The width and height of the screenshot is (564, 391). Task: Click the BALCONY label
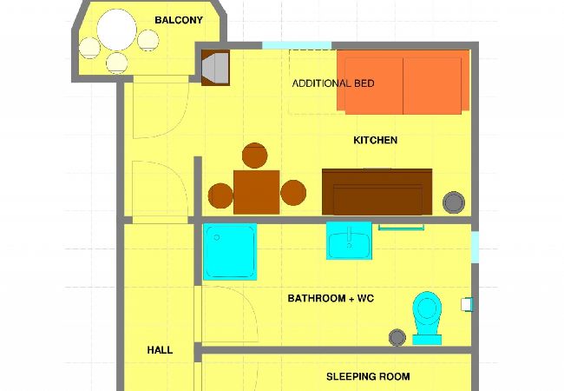point(179,20)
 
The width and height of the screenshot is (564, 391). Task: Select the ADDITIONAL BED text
point(333,83)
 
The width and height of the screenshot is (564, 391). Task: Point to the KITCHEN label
point(375,140)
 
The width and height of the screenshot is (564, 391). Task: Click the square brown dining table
point(256,192)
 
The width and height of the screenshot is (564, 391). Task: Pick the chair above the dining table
point(254,156)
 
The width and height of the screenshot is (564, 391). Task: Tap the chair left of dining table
point(220,195)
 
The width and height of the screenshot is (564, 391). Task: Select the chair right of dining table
point(293,193)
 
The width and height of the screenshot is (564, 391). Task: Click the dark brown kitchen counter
point(377,191)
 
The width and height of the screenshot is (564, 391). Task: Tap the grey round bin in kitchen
point(454,202)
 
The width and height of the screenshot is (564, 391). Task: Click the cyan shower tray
point(230,252)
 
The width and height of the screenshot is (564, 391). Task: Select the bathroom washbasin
point(350,241)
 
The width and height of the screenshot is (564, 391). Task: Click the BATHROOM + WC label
point(331,299)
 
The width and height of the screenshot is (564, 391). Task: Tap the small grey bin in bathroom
point(397,336)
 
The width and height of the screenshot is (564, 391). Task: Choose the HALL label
point(160,350)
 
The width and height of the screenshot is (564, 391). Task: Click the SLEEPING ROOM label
point(368,377)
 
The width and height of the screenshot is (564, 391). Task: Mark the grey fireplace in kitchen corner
point(214,68)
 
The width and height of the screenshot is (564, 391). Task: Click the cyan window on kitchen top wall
point(297,45)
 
